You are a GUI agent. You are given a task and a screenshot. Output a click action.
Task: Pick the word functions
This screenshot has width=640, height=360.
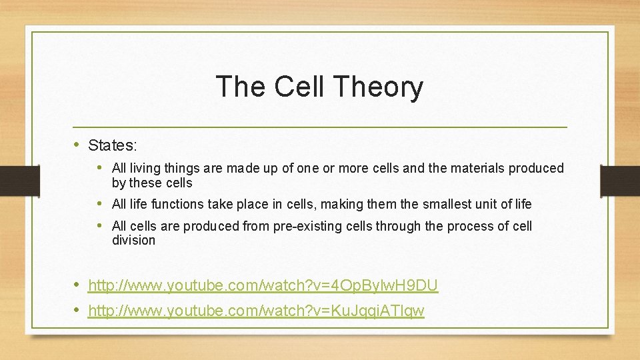point(179,204)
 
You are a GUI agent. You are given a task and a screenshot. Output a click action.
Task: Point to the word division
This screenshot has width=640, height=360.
point(133,240)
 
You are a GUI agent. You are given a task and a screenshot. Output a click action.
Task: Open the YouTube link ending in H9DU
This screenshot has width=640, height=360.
point(263,286)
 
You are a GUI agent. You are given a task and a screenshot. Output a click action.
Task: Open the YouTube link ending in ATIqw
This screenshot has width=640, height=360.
point(256,311)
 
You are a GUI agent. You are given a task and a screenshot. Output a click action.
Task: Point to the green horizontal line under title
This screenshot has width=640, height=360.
point(320,127)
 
